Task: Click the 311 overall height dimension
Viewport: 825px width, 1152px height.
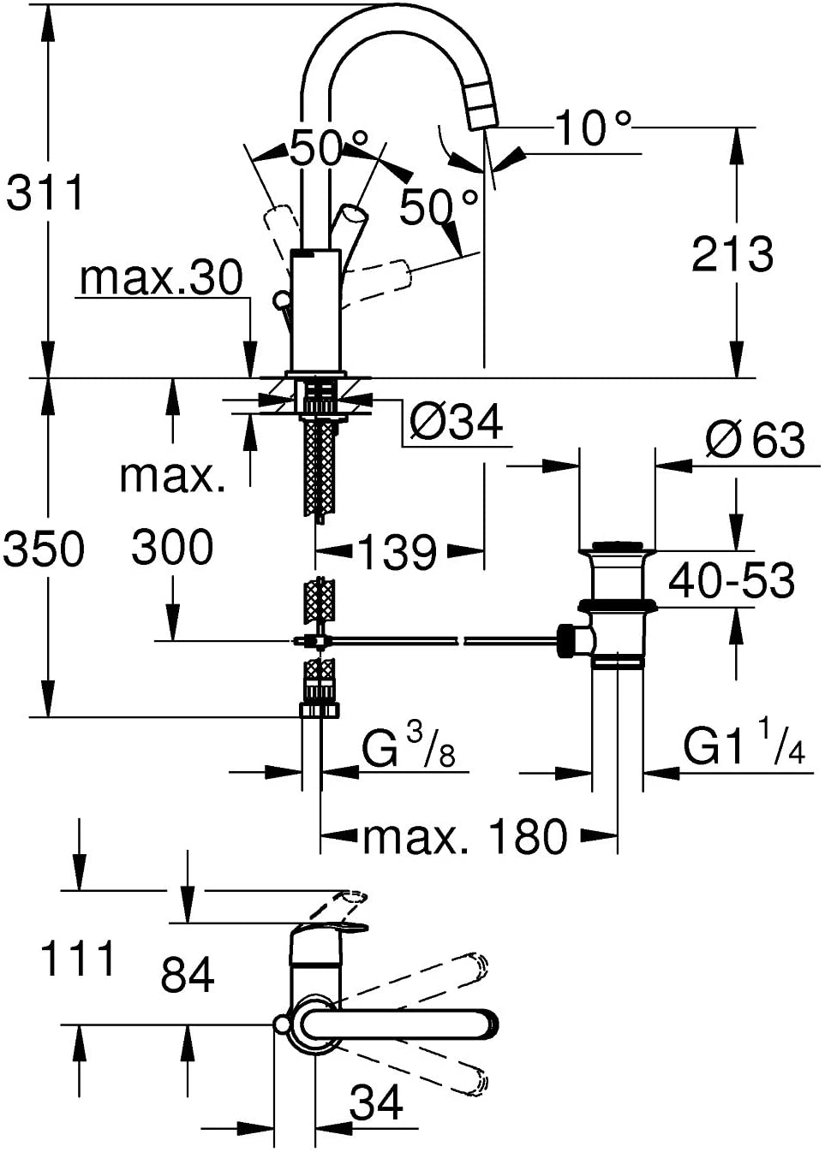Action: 45,192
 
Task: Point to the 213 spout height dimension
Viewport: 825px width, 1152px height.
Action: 732,253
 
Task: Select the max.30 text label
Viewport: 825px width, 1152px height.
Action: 161,277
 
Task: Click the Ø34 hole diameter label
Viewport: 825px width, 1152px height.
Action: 456,422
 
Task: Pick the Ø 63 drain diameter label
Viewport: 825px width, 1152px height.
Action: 755,439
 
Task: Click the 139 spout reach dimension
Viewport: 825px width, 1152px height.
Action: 397,551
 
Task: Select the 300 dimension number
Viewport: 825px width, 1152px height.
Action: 172,546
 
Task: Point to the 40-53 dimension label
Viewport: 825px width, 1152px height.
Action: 732,580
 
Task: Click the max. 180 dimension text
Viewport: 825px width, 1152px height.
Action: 465,837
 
